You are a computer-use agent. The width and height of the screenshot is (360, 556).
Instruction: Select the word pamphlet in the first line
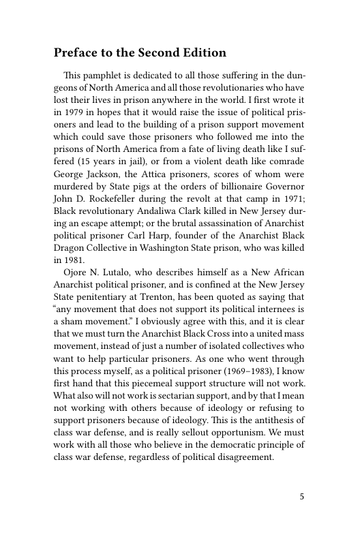101,74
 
